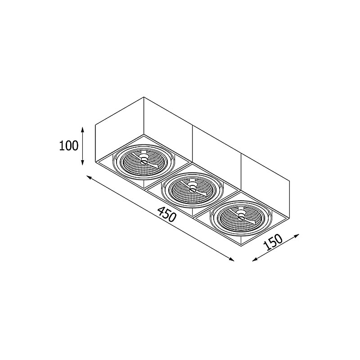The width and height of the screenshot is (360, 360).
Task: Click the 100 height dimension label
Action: pyautogui.click(x=69, y=146)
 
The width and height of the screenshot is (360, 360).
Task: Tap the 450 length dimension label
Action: pyautogui.click(x=167, y=214)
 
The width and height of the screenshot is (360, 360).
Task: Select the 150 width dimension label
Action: pyautogui.click(x=273, y=242)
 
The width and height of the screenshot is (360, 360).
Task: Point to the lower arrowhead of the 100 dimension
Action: pyautogui.click(x=83, y=162)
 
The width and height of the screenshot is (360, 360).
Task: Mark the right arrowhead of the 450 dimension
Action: pyautogui.click(x=231, y=259)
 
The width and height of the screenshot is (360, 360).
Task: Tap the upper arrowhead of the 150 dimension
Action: pyautogui.click(x=297, y=235)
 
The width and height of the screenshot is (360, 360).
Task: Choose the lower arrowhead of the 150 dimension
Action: pyautogui.click(x=255, y=260)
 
